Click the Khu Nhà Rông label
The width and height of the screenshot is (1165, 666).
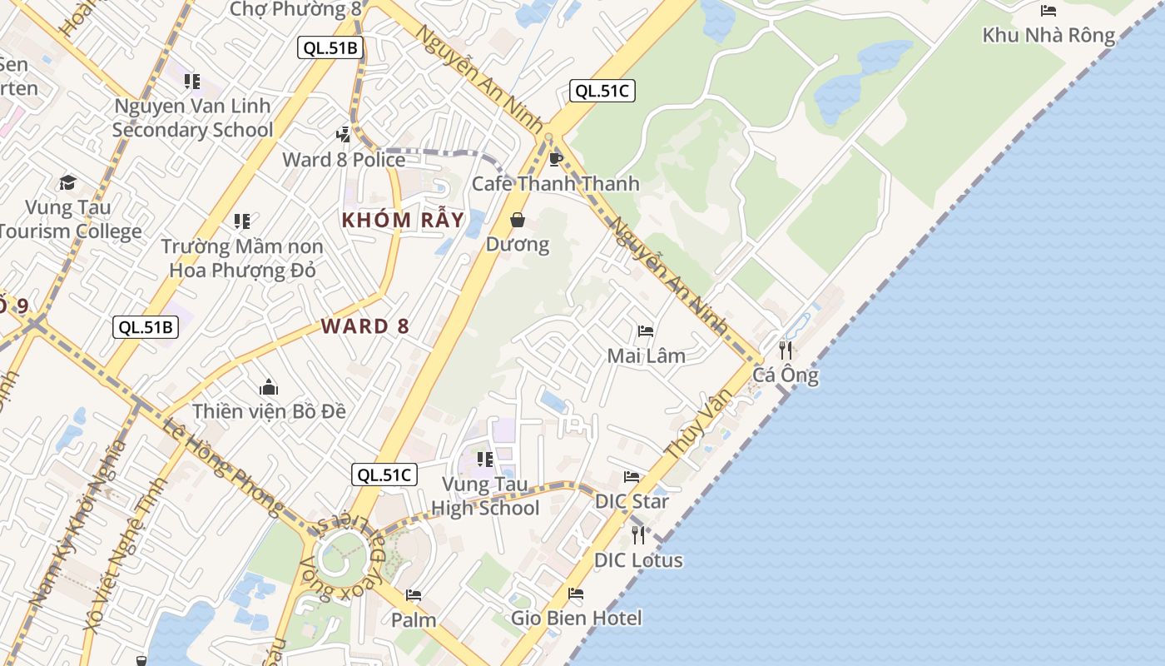click(1048, 35)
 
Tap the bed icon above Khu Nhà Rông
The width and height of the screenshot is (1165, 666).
click(1048, 11)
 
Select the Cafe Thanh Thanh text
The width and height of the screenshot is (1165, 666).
click(556, 184)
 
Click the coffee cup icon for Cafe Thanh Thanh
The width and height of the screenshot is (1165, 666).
click(556, 159)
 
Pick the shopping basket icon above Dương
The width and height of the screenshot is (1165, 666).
click(518, 220)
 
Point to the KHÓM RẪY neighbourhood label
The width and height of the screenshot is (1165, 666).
click(404, 221)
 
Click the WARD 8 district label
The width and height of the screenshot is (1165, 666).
click(365, 326)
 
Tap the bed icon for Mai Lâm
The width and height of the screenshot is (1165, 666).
click(646, 331)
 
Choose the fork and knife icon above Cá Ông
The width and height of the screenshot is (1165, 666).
click(785, 350)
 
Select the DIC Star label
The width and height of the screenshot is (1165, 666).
click(632, 501)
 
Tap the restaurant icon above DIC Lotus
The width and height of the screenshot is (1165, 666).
click(638, 534)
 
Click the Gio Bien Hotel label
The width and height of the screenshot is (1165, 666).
click(576, 618)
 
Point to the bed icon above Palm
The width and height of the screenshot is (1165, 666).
click(414, 595)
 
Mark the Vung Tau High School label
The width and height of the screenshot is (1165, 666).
click(485, 496)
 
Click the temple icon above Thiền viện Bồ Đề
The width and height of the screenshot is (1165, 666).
click(269, 388)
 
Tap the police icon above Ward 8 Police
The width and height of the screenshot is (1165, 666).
click(343, 135)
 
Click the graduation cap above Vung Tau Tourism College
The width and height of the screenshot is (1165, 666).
click(67, 182)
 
